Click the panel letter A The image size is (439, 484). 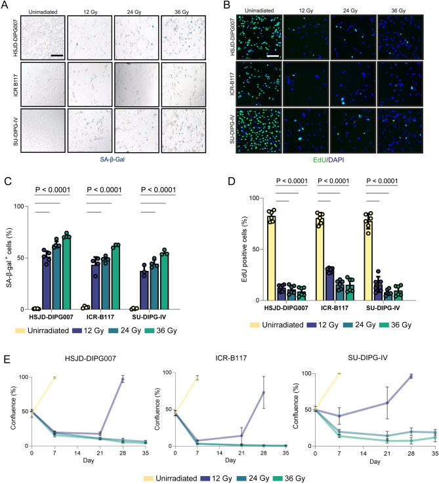5,5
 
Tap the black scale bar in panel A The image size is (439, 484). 57,56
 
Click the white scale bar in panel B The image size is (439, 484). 273,56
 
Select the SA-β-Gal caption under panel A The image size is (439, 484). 112,159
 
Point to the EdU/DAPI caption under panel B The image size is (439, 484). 328,160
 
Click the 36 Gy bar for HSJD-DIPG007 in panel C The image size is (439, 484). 67,273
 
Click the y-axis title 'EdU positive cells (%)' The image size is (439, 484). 244,249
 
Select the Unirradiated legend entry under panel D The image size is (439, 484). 277,325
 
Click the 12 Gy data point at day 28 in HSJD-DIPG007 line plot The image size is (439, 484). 123,379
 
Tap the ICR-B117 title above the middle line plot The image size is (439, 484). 231,358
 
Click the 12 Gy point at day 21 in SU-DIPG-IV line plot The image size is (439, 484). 387,403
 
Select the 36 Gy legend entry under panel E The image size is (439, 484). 290,479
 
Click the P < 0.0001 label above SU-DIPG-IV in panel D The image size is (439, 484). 382,181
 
